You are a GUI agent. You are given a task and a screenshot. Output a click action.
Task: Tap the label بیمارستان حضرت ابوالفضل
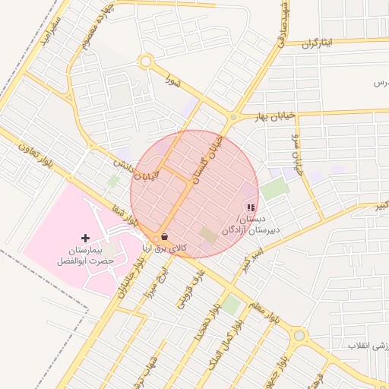85,255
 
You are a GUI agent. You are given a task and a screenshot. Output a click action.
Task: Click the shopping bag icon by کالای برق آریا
165,238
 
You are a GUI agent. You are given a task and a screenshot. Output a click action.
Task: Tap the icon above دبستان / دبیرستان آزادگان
251,207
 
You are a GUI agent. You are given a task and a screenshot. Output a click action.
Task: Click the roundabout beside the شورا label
146,62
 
